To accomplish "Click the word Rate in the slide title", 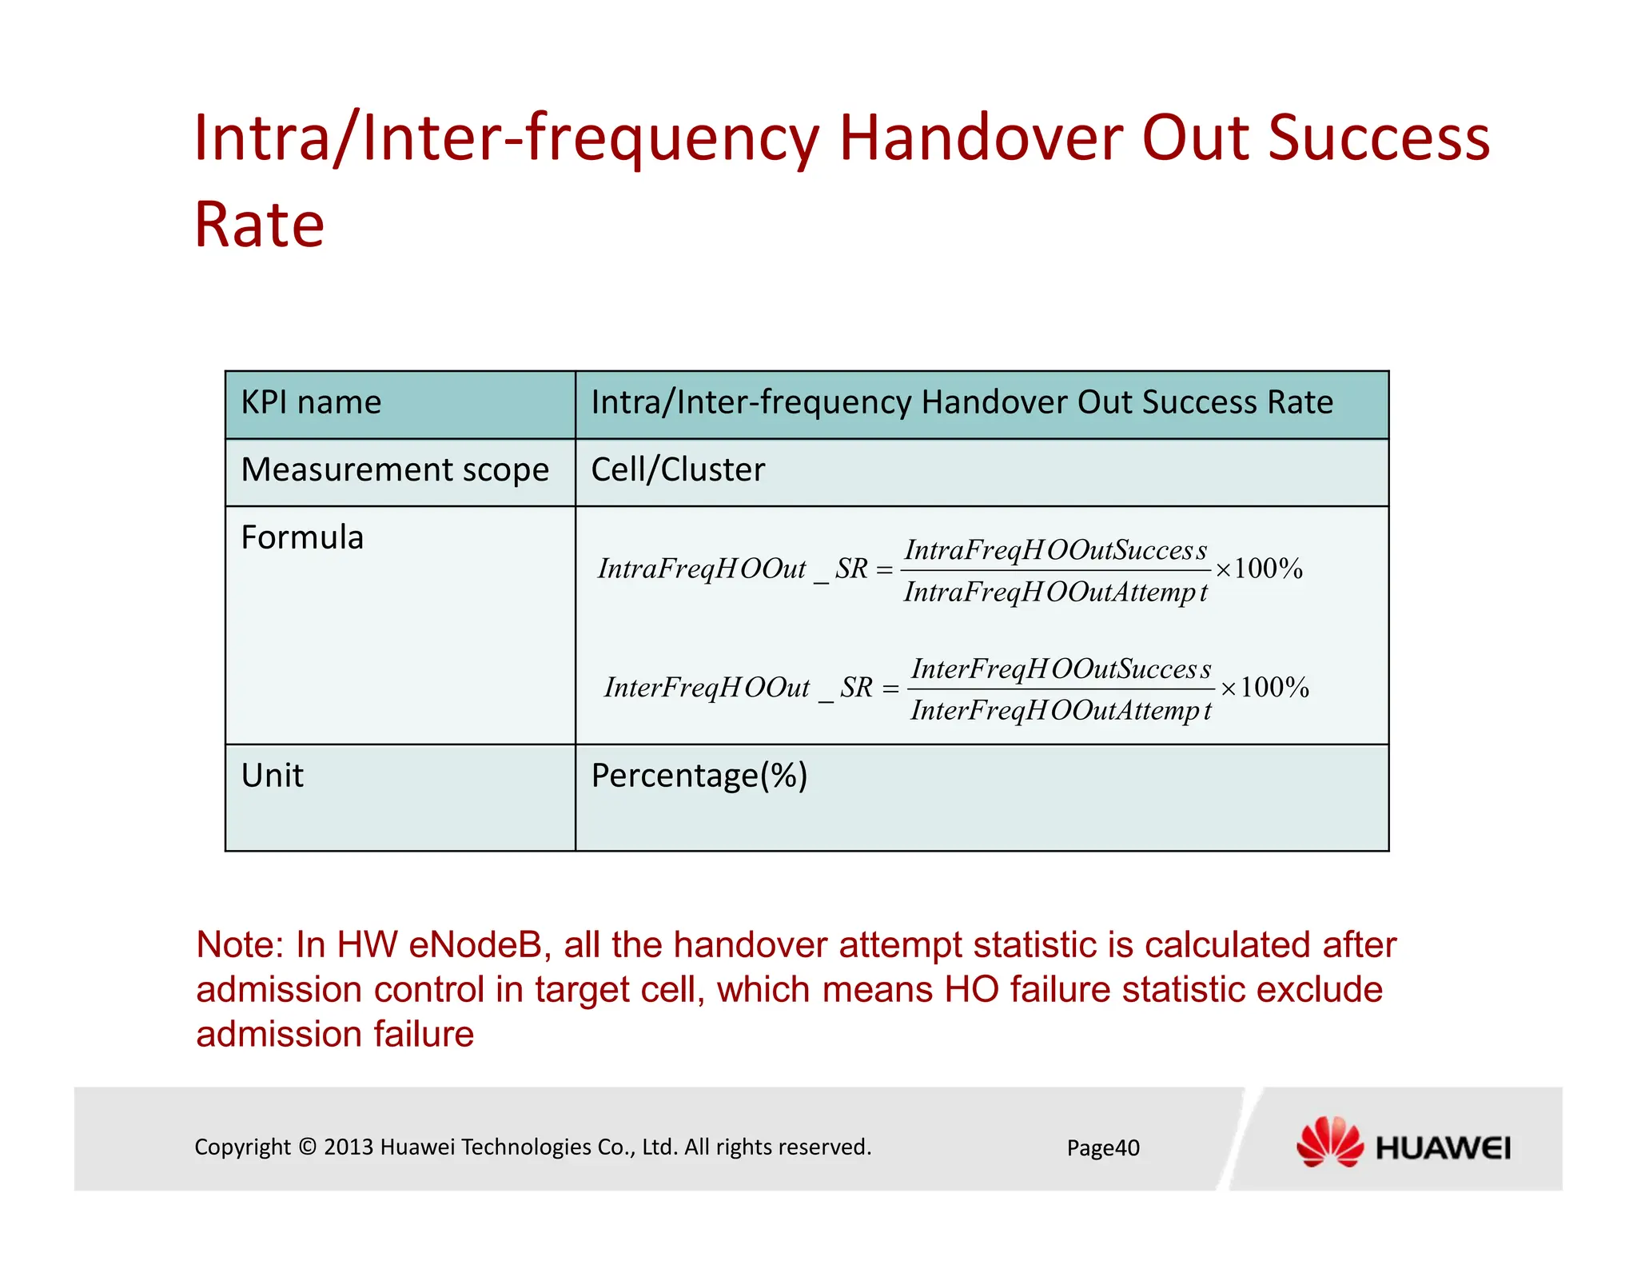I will click(x=259, y=225).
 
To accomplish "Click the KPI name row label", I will click(x=311, y=402).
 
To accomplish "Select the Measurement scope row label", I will click(x=395, y=470).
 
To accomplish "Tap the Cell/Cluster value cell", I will click(x=678, y=470).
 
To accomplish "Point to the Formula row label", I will click(x=302, y=537).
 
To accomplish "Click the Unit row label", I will click(x=273, y=776).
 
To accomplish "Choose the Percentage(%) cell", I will click(x=699, y=776).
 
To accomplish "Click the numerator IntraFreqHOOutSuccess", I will click(x=1055, y=550).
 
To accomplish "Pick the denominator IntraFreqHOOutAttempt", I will click(x=1055, y=593).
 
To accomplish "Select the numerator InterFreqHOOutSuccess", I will click(x=1061, y=668).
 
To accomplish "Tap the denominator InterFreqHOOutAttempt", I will click(x=1061, y=710).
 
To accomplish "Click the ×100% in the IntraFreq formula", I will click(x=1260, y=569).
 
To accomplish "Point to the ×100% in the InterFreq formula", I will click(x=1265, y=688).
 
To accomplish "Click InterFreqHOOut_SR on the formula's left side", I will click(x=738, y=688).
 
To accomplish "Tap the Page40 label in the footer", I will click(x=1103, y=1148).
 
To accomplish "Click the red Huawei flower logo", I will click(x=1329, y=1142).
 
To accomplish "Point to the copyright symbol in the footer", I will click(x=308, y=1147).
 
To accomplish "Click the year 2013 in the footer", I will click(x=349, y=1147).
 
